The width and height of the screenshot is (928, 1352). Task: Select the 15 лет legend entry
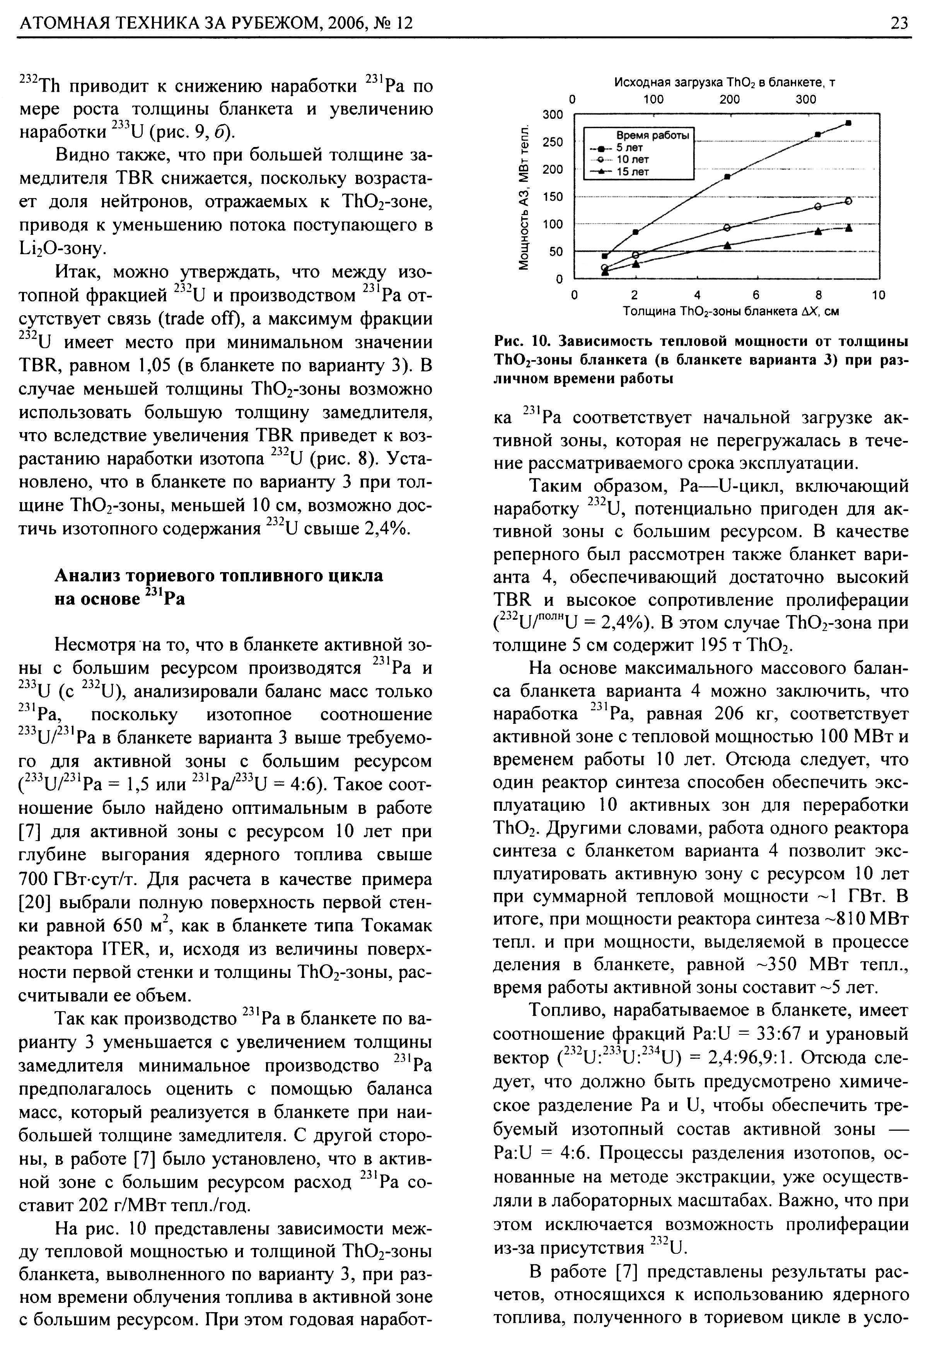633,172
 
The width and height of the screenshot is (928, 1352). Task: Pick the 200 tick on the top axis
729,99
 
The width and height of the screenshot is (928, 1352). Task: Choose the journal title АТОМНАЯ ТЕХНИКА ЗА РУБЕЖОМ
169,23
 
